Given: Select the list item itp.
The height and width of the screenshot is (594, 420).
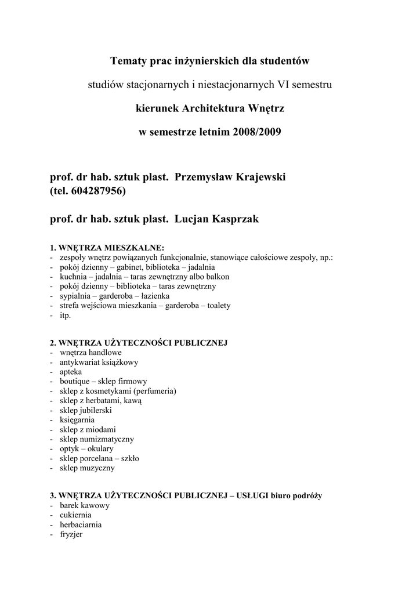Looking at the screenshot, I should point(65,315).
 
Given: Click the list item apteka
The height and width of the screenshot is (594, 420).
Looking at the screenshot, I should point(70,371).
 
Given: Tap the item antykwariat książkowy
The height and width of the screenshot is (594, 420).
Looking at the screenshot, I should point(99,362).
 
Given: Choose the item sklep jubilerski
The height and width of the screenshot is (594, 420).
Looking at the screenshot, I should point(86,410).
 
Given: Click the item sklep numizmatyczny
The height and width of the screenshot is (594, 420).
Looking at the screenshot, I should point(96,439).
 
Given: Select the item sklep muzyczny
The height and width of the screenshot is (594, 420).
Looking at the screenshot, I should point(87,468).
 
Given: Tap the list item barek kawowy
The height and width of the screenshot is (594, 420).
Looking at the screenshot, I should point(85,505).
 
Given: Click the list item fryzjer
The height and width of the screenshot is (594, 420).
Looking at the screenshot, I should point(71,534).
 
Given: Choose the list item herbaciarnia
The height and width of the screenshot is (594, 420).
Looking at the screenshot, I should point(81,524).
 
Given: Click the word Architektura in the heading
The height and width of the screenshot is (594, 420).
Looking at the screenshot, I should point(212,108).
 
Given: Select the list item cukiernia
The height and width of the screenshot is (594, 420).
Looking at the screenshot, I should point(75,515).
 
